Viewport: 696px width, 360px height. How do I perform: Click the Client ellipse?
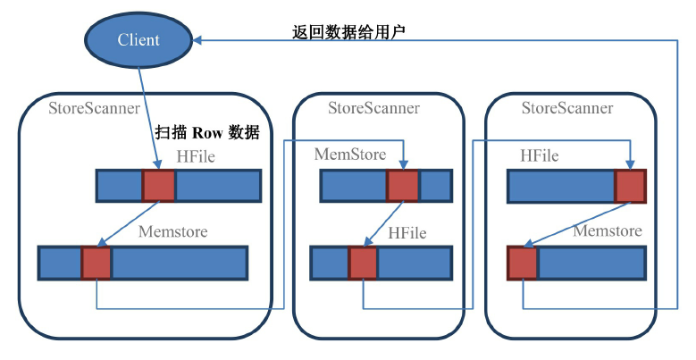coord(138,40)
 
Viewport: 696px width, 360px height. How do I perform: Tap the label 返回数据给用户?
coord(350,32)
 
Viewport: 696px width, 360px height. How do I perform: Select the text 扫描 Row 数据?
coord(207,132)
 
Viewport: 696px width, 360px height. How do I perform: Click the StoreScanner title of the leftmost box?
coord(94,109)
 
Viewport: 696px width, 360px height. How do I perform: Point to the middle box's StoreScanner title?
coord(373,109)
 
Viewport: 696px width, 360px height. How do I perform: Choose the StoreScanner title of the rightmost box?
coord(567,109)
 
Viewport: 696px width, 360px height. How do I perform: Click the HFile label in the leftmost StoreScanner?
coord(196,156)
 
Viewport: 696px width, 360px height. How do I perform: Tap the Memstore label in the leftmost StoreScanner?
coord(173,232)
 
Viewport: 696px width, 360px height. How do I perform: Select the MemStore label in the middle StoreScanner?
coord(350,155)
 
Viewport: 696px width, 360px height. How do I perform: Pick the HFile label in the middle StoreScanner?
coord(407,233)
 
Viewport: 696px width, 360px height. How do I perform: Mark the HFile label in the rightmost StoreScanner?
coord(540,156)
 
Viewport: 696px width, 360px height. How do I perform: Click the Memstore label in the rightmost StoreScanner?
coord(608,231)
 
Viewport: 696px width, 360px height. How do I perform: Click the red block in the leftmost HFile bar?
coord(159,186)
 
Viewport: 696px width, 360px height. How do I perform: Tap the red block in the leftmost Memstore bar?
coord(96,264)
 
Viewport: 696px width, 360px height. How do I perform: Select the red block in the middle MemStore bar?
coord(403,186)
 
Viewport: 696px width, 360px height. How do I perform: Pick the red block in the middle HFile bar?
coord(363,264)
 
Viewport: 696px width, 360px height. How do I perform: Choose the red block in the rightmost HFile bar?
coord(630,186)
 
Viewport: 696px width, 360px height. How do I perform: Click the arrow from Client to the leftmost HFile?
coord(150,116)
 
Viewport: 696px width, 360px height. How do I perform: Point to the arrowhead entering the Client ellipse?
coord(200,40)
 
